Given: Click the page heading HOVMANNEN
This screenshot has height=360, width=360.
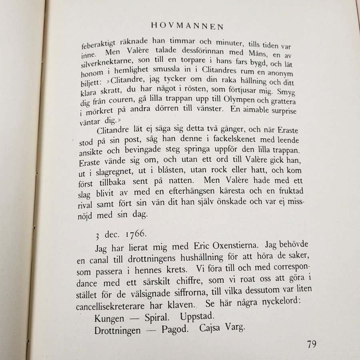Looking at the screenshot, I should pos(187,27).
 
